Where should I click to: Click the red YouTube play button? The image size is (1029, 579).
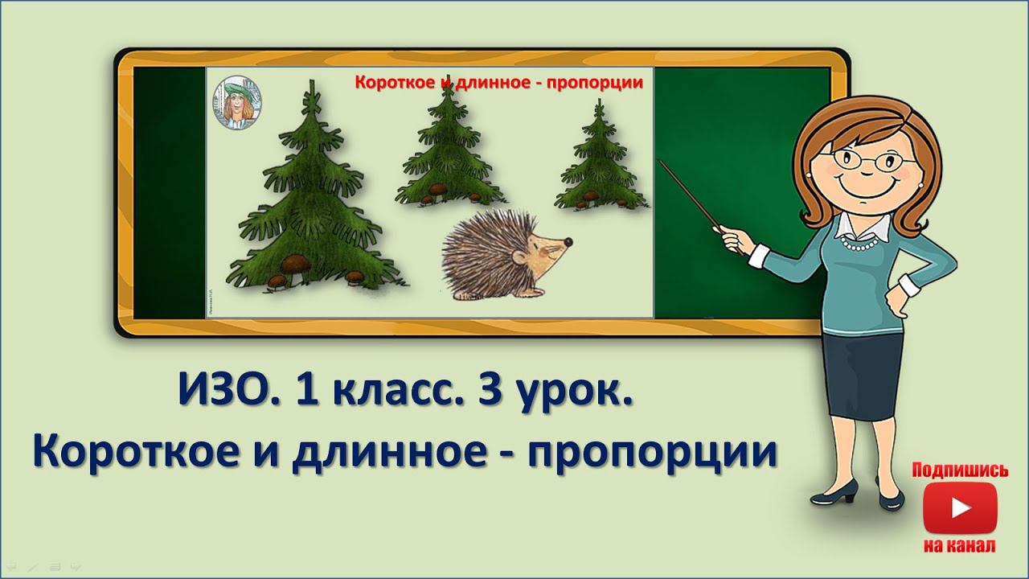click(x=960, y=507)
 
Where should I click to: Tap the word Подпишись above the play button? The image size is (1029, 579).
click(x=960, y=470)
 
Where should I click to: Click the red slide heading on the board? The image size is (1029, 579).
click(x=498, y=82)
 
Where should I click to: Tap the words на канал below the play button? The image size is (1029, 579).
click(x=960, y=545)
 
